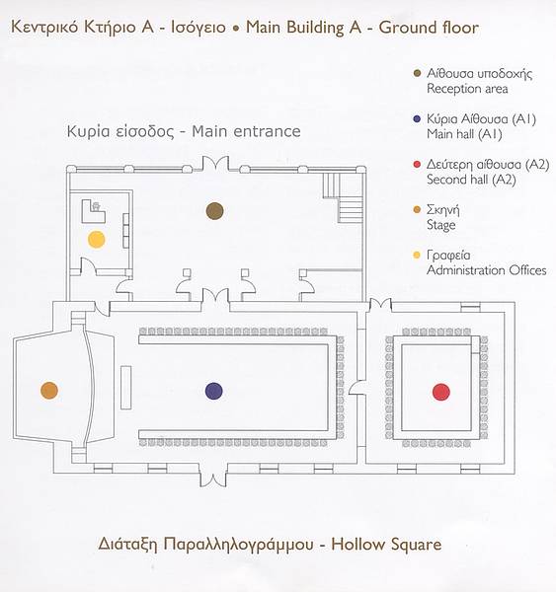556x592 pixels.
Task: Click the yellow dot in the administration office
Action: [97, 240]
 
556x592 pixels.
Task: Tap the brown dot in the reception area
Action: [214, 211]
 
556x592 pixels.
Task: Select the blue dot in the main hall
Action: [214, 391]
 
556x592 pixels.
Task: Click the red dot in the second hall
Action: [441, 392]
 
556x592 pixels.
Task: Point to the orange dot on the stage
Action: [49, 391]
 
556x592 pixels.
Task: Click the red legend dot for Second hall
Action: [417, 165]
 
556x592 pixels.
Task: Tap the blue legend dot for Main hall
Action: [417, 119]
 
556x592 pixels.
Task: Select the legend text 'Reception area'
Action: [467, 89]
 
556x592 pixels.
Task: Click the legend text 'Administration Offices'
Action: [487, 270]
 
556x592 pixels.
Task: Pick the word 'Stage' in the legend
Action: [440, 225]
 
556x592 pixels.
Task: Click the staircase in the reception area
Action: [344, 197]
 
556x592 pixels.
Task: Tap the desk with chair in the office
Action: [94, 211]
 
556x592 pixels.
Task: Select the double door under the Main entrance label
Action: [215, 165]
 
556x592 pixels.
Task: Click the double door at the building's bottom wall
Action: [213, 479]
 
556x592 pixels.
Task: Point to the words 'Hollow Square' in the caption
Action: [386, 545]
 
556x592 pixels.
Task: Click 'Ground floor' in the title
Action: [429, 28]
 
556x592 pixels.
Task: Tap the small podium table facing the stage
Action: [125, 388]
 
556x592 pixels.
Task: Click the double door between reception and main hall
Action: [215, 297]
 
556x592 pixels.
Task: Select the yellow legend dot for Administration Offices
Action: [417, 256]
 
